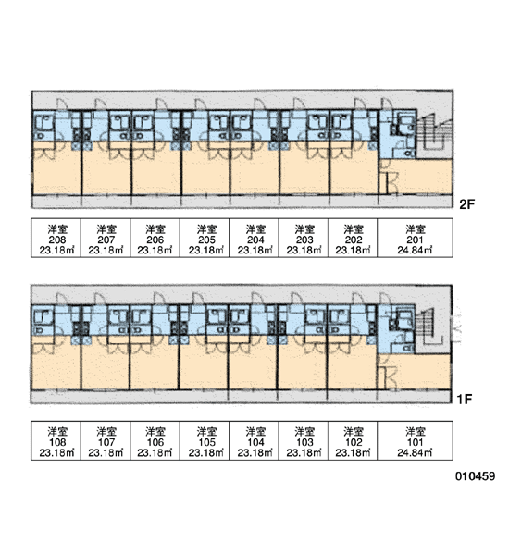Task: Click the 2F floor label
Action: (x=466, y=203)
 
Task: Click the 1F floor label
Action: (x=465, y=399)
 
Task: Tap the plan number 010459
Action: (x=475, y=476)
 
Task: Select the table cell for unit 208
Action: (x=56, y=238)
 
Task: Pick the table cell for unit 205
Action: (x=205, y=238)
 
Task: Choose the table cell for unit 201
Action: (x=416, y=238)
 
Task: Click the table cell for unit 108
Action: (x=56, y=440)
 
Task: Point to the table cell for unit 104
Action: (x=254, y=440)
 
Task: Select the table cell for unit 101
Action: (x=416, y=440)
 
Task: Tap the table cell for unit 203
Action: (x=304, y=238)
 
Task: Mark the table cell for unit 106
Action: (x=155, y=440)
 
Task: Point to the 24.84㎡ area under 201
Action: (x=415, y=251)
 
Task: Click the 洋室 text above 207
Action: (x=106, y=229)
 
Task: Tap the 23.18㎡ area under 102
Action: (x=353, y=452)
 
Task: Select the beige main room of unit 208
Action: (x=56, y=168)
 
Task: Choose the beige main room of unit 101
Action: (x=418, y=371)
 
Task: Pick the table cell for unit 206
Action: (x=155, y=238)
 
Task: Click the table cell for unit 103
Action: (x=304, y=440)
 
